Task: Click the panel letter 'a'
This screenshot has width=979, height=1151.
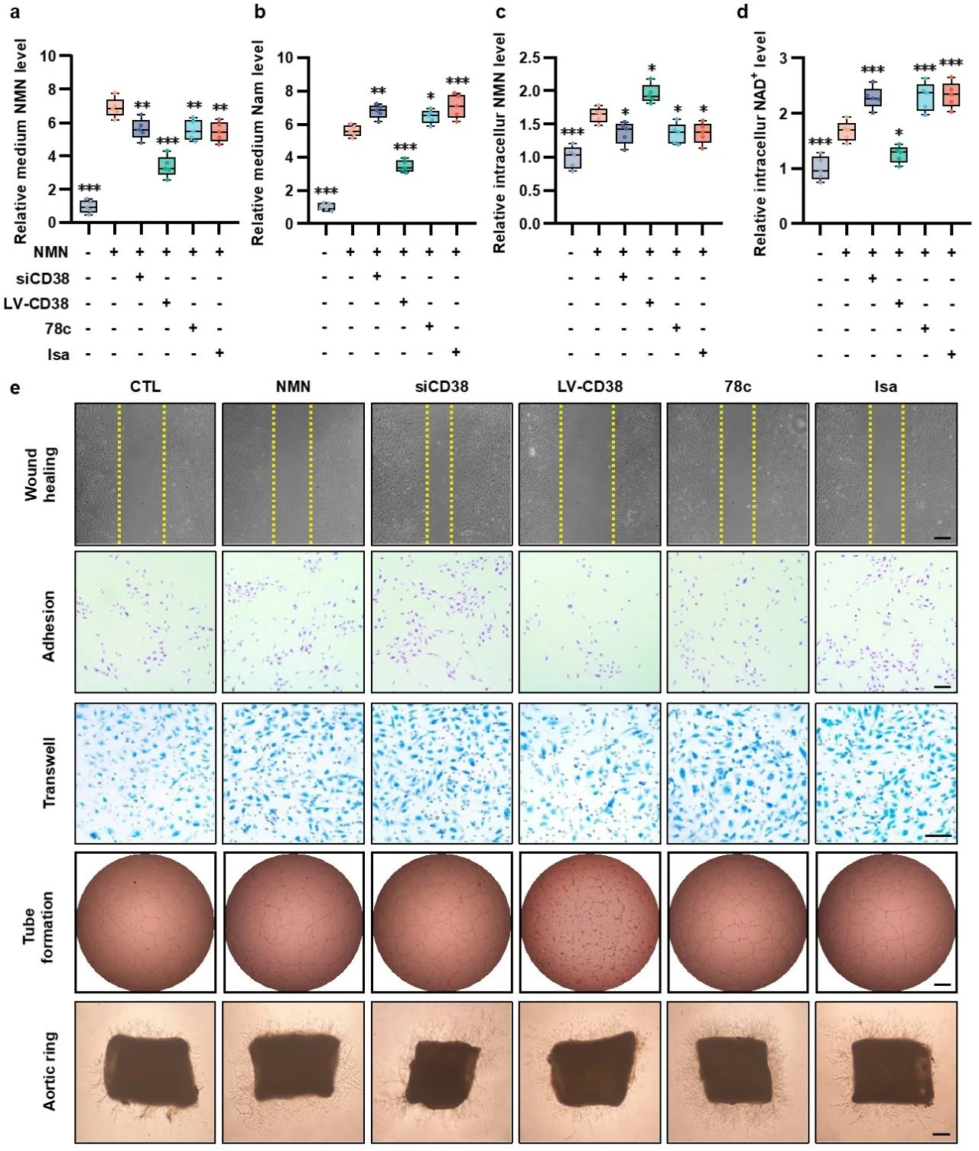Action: pyautogui.click(x=15, y=12)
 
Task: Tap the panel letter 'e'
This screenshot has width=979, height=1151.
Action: pyautogui.click(x=15, y=388)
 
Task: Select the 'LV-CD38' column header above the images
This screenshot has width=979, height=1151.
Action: pyautogui.click(x=589, y=387)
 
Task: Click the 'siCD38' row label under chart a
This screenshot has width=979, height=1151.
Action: pyautogui.click(x=43, y=278)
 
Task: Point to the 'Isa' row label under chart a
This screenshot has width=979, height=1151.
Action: pyautogui.click(x=58, y=354)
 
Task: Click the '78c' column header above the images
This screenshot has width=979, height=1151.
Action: pyautogui.click(x=737, y=387)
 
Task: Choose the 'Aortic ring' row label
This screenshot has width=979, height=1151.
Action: pyautogui.click(x=50, y=1071)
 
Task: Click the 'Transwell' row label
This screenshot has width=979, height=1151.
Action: pyautogui.click(x=50, y=773)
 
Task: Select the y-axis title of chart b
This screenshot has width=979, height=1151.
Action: pyautogui.click(x=258, y=144)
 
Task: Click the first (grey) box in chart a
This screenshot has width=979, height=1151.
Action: pyautogui.click(x=89, y=206)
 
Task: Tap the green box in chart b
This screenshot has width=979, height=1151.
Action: pyautogui.click(x=404, y=166)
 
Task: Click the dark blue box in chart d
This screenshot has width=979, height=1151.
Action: pyautogui.click(x=873, y=97)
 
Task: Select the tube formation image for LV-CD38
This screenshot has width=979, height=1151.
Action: pyautogui.click(x=589, y=921)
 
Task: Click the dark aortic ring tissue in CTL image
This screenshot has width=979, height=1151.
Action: pyautogui.click(x=149, y=1070)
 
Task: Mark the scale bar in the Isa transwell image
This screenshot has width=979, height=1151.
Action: pyautogui.click(x=938, y=836)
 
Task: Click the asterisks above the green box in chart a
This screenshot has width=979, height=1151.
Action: pyautogui.click(x=167, y=141)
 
